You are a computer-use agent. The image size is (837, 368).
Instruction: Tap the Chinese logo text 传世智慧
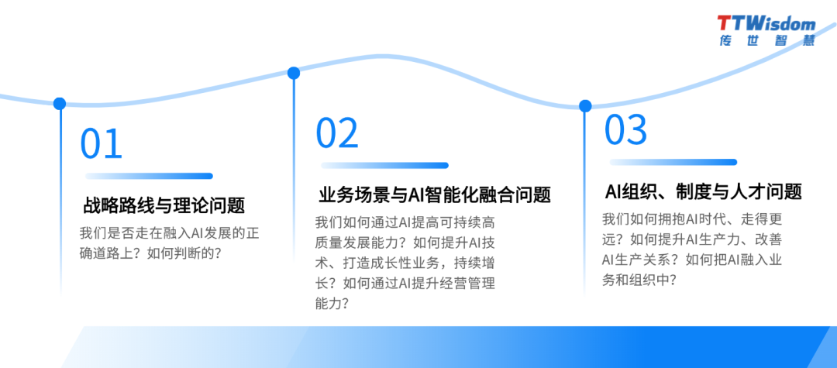[x=766, y=40]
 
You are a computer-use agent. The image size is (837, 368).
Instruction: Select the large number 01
[x=102, y=144]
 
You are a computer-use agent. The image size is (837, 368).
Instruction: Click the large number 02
[x=337, y=133]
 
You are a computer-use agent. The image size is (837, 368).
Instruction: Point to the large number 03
[x=625, y=130]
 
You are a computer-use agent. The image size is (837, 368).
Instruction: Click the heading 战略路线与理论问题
[x=164, y=206]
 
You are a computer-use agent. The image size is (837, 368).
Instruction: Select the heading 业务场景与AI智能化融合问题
[x=435, y=194]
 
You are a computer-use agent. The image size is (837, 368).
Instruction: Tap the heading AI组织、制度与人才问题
[x=703, y=191]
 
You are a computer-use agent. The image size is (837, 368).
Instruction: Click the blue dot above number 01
[x=60, y=104]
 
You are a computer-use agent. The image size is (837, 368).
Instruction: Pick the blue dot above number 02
[x=294, y=74]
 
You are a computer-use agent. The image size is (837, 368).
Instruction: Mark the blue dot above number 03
[x=585, y=105]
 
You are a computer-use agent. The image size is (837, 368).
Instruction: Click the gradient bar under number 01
[x=149, y=176]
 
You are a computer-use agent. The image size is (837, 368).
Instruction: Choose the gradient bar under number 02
[x=384, y=165]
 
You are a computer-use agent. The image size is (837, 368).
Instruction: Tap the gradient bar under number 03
[x=673, y=162]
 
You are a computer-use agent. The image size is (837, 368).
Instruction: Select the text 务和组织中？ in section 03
[x=639, y=280]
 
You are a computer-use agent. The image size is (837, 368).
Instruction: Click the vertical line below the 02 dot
[x=294, y=194]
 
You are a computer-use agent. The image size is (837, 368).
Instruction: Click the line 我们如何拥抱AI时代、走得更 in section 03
[x=692, y=219]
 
